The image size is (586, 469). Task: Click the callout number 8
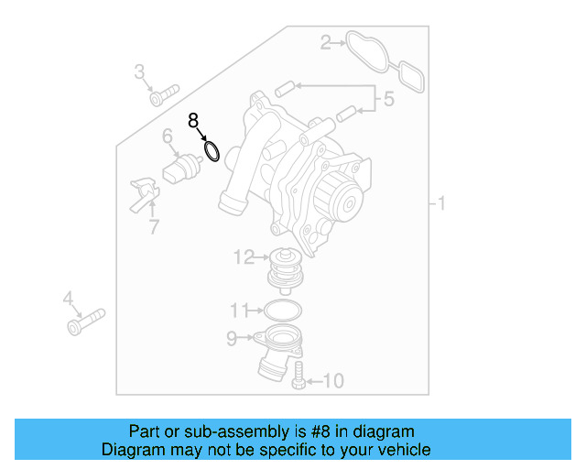click(x=193, y=120)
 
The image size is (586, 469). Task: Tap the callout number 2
click(x=325, y=41)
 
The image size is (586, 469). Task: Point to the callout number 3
click(x=140, y=71)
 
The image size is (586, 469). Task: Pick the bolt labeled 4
click(x=86, y=322)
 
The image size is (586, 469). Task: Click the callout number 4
click(x=68, y=298)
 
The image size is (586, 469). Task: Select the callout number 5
click(x=388, y=99)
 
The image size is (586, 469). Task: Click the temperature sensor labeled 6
click(x=182, y=169)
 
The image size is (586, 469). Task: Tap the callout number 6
click(x=168, y=137)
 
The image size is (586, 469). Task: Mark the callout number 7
click(x=154, y=226)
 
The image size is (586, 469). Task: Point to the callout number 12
click(x=244, y=257)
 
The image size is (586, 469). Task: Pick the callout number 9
click(x=232, y=339)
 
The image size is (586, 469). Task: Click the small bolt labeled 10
click(x=298, y=376)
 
